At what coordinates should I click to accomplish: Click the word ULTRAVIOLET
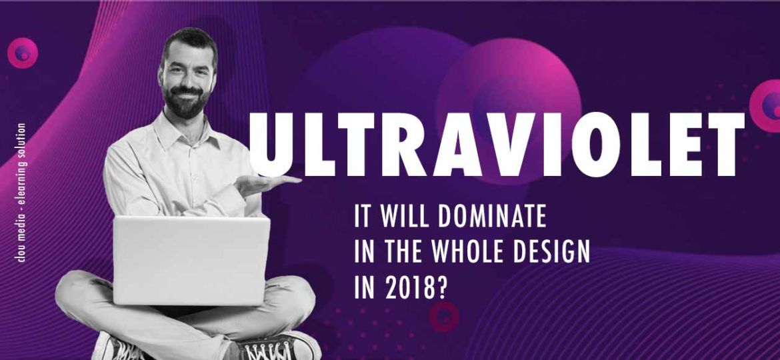tap(497, 145)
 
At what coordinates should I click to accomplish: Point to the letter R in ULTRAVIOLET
tap(403, 145)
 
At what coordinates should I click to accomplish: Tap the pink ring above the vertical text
tap(23, 53)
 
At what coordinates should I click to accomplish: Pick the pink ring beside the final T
tap(766, 106)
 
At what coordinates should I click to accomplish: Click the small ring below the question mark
tap(444, 316)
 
